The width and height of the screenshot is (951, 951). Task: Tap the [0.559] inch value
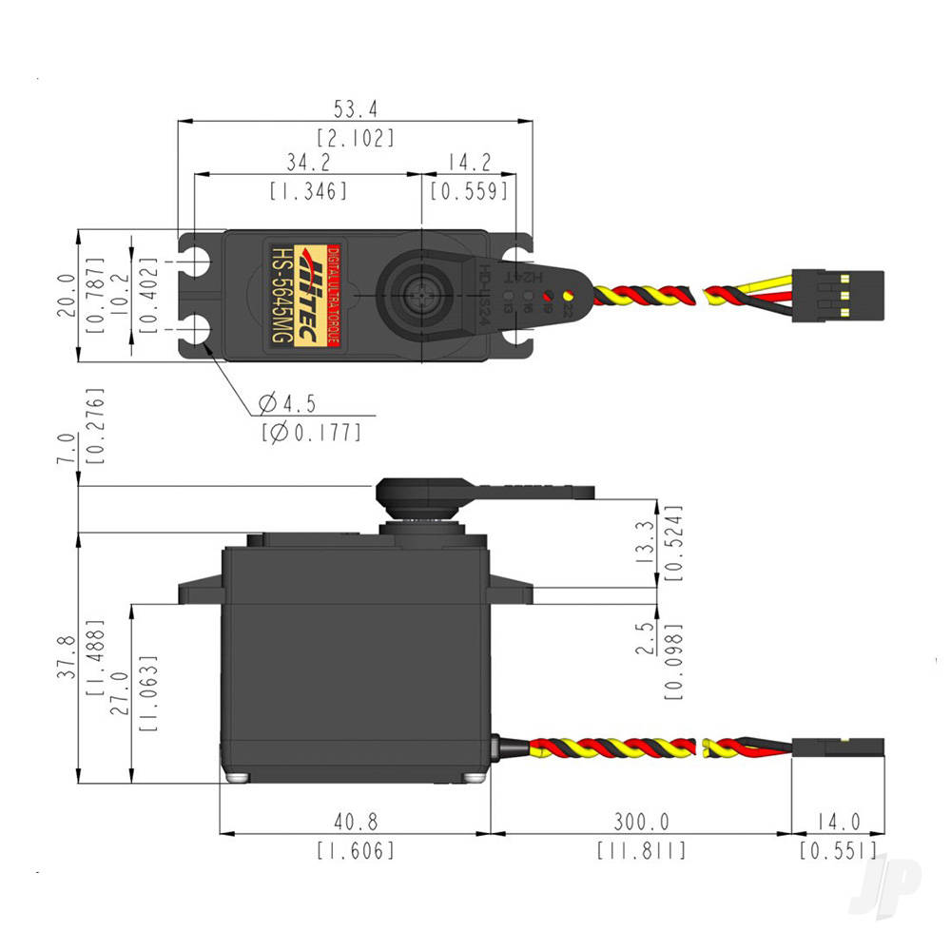[x=469, y=190]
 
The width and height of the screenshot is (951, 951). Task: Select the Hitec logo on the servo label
[x=311, y=294]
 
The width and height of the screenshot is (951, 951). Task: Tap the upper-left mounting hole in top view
[x=198, y=260]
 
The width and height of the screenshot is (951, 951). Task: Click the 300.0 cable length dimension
[x=641, y=821]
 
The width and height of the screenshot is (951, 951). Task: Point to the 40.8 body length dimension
[x=355, y=821]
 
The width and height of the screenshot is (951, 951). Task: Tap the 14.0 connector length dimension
[x=838, y=821]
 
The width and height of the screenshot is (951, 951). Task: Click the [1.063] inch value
[x=148, y=691]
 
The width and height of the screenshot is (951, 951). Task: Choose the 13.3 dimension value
[x=646, y=543]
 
